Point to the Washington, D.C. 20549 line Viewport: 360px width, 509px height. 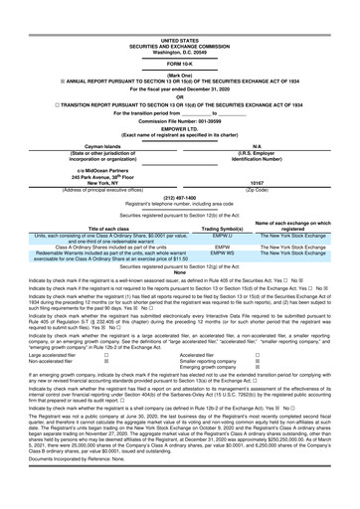click(x=180, y=21)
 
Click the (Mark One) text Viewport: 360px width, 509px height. click(x=180, y=46)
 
